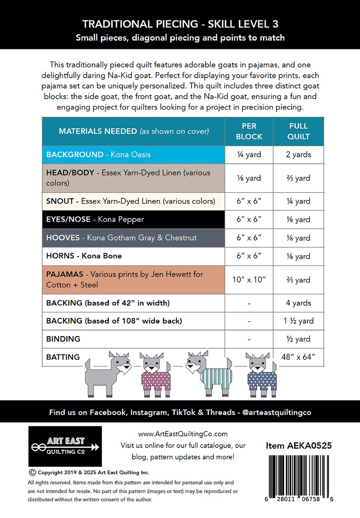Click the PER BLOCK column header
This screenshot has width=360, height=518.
point(249,131)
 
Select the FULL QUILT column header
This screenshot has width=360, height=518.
point(298,131)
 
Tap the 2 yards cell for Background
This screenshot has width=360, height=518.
point(298,155)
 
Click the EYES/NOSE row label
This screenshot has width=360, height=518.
point(95,219)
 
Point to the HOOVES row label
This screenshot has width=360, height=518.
point(121,237)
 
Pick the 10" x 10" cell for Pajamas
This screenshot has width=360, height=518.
point(249,280)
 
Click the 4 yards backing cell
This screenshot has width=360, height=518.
point(298,303)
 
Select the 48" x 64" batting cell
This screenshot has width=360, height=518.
point(298,357)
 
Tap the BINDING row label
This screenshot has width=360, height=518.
point(63,339)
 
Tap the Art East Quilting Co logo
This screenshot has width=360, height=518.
point(65,446)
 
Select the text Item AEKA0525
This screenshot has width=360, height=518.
point(299,446)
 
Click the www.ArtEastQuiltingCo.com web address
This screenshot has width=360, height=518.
point(183,434)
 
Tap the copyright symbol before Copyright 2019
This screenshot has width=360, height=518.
point(33,472)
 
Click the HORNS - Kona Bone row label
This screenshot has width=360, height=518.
point(84,256)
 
